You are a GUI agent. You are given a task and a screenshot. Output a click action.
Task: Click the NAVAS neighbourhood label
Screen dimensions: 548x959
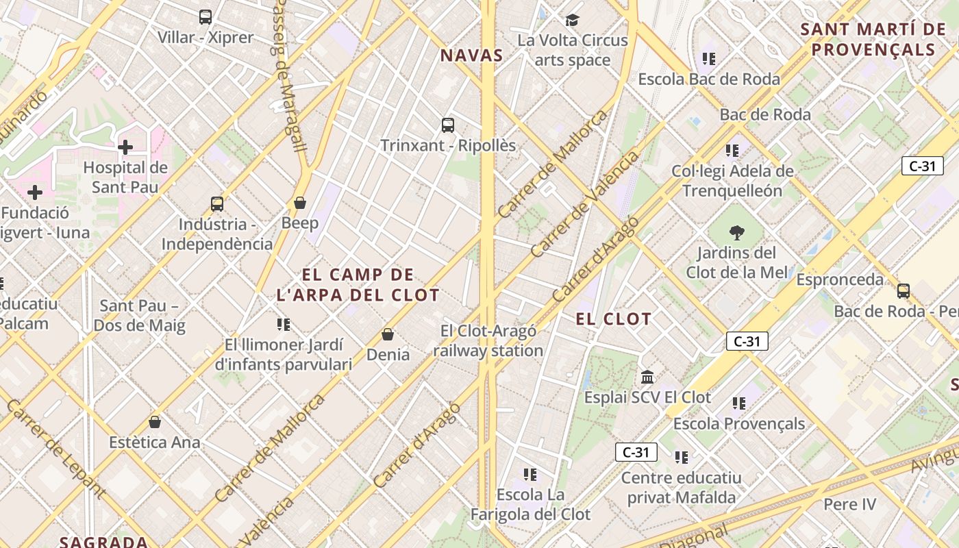click(x=471, y=55)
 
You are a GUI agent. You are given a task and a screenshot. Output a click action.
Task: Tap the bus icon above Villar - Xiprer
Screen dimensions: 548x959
click(x=206, y=17)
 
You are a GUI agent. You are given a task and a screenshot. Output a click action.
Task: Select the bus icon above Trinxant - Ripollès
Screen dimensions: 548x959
click(x=448, y=125)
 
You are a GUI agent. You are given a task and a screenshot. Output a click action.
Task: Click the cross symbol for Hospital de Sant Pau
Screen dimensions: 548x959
click(x=125, y=147)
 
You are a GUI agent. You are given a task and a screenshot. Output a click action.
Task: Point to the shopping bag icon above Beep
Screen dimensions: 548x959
click(x=299, y=203)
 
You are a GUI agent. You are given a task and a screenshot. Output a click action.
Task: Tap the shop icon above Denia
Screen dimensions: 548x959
click(x=388, y=334)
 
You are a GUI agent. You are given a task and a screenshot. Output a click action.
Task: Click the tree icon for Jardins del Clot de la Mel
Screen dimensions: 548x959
click(x=737, y=233)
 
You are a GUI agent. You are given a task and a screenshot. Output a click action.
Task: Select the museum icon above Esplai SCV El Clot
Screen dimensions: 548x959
click(x=647, y=377)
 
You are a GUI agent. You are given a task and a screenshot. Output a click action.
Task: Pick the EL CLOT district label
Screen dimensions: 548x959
click(x=614, y=319)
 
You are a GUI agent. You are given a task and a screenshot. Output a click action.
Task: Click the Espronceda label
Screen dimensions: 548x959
click(x=840, y=279)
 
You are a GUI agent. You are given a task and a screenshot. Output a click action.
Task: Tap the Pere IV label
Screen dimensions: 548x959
click(x=849, y=505)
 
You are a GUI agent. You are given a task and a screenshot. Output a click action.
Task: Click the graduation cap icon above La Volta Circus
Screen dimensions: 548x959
click(x=572, y=20)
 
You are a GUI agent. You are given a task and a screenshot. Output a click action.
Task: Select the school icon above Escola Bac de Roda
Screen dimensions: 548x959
click(x=709, y=59)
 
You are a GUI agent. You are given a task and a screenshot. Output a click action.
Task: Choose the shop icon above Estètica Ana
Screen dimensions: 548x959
click(x=155, y=422)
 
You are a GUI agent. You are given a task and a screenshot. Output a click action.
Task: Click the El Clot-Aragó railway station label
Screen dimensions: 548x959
click(x=488, y=340)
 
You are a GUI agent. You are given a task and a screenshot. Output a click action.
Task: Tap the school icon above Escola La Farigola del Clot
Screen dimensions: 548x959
click(x=530, y=474)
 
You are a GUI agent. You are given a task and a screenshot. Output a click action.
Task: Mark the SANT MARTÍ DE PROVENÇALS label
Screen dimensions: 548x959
click(x=873, y=39)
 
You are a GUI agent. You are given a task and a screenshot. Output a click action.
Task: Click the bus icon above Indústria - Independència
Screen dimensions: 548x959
click(x=217, y=204)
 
